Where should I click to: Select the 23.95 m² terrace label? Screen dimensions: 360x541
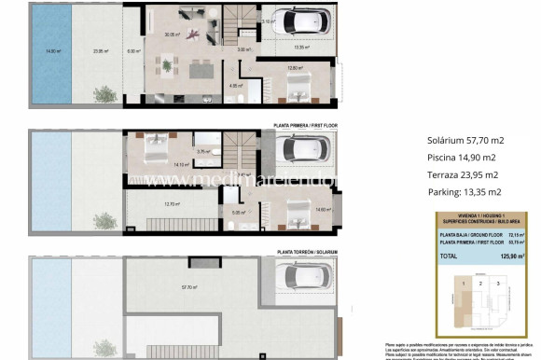(90, 52)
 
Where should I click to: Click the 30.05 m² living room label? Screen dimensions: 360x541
(171, 35)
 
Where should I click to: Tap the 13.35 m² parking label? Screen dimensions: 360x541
(302, 46)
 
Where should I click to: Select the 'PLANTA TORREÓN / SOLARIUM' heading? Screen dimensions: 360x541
(308, 252)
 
